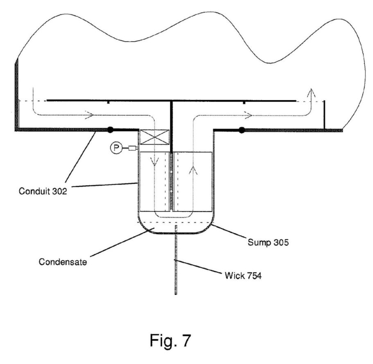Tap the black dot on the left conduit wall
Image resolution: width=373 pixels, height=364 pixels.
(110, 130)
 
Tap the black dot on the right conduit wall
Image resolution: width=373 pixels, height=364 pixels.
(242, 130)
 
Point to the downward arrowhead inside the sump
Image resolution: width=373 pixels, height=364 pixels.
(154, 163)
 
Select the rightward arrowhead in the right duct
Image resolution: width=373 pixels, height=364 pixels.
(248, 116)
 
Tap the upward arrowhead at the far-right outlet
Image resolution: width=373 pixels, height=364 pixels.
(312, 92)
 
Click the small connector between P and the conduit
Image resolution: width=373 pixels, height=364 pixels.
(132, 148)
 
